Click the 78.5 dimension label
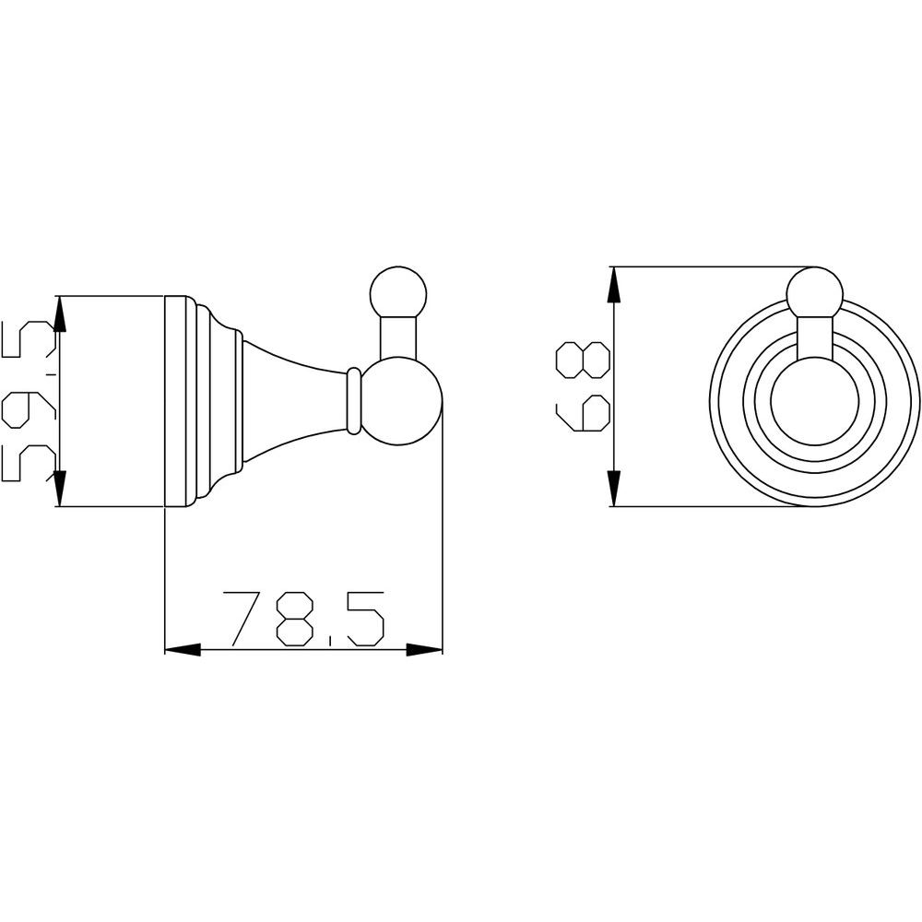pyautogui.click(x=303, y=620)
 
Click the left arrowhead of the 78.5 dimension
pyautogui.click(x=183, y=650)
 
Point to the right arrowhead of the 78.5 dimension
pyautogui.click(x=424, y=650)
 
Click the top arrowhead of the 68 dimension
pyautogui.click(x=614, y=285)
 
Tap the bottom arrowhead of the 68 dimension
pyautogui.click(x=614, y=488)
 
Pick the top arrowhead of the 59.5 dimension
pyautogui.click(x=60, y=314)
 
